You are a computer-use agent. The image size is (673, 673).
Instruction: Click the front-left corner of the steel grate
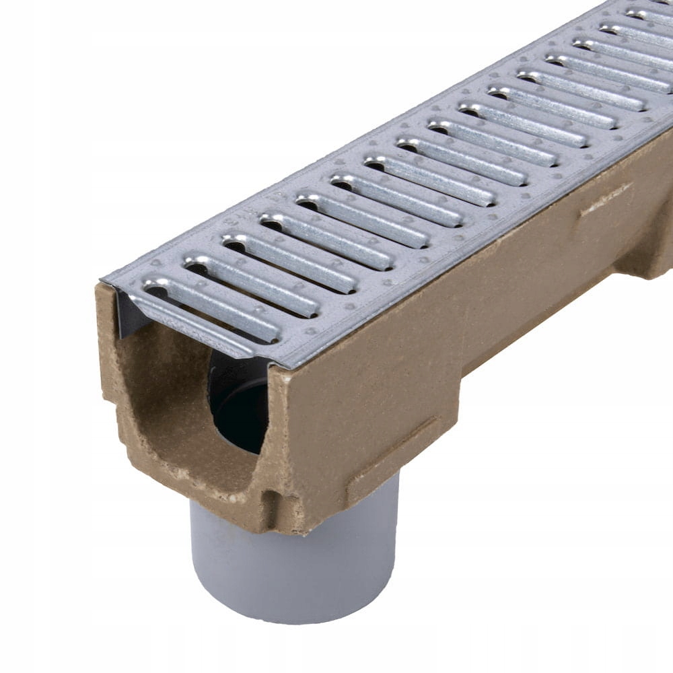[x=103, y=281]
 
